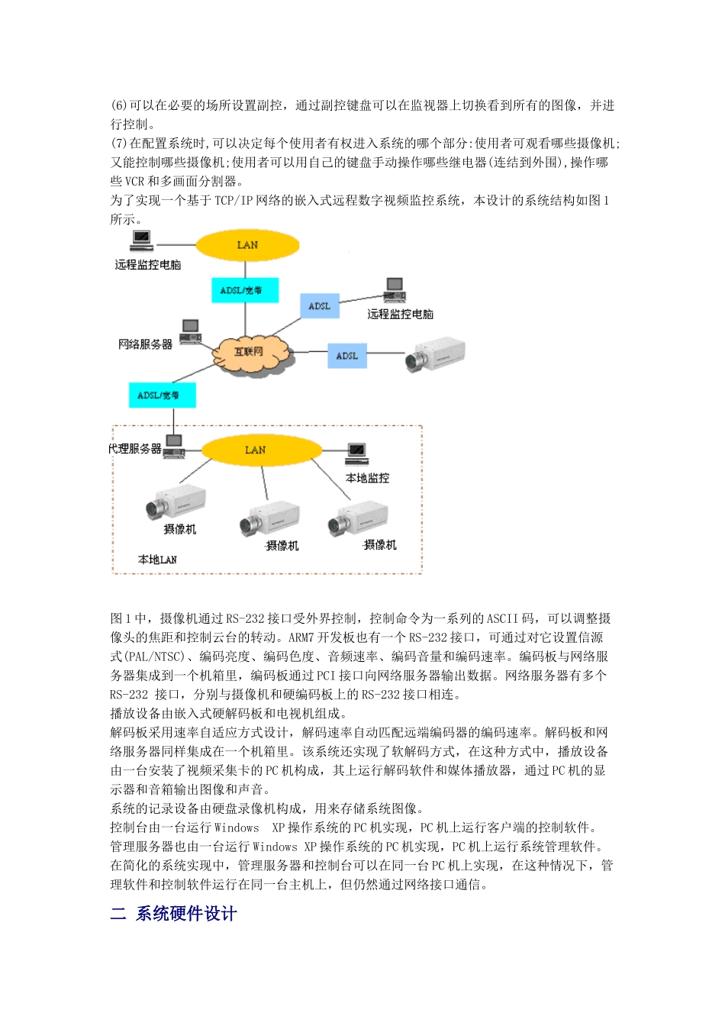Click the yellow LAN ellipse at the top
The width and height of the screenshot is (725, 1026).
[x=247, y=245]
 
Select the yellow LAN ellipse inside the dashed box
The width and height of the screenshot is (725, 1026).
[x=256, y=450]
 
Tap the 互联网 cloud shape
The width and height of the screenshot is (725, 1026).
[x=249, y=352]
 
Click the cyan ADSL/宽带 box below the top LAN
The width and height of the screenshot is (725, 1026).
[x=244, y=290]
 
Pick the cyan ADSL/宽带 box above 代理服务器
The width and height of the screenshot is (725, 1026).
[x=162, y=395]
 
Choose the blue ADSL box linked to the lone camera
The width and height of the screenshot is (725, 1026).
[x=347, y=356]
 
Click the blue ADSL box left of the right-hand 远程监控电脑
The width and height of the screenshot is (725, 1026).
[x=320, y=306]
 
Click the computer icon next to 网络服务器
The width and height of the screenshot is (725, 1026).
[x=191, y=332]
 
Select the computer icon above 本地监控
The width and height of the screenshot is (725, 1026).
[x=357, y=453]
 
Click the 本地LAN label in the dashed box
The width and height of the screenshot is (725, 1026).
[x=157, y=560]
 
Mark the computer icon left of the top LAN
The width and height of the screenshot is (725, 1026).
[x=141, y=240]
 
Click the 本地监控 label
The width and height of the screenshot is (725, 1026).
[x=367, y=478]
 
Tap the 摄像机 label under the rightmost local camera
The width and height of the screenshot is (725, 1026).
[x=380, y=544]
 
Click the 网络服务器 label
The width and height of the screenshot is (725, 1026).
[x=145, y=344]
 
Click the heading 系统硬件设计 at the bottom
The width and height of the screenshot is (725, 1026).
[x=186, y=914]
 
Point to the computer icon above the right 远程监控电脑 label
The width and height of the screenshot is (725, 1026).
[x=394, y=289]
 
